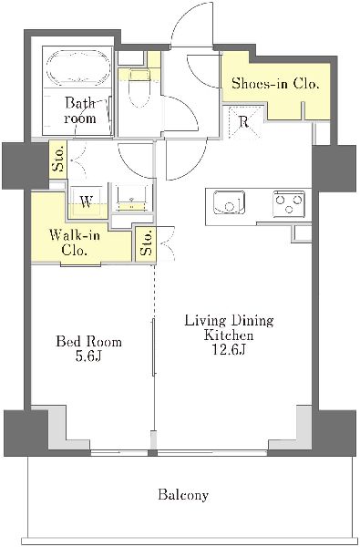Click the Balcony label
pyautogui.click(x=183, y=495)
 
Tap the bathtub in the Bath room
pyautogui.click(x=77, y=68)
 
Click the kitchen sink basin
pyautogui.click(x=229, y=202)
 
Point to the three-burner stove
pyautogui.click(x=289, y=202)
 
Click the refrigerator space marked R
pyautogui.click(x=244, y=122)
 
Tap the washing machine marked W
pyautogui.click(x=87, y=202)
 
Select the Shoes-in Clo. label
pyautogui.click(x=275, y=84)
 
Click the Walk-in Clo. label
pyautogui.click(x=75, y=243)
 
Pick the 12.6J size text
pyautogui.click(x=229, y=349)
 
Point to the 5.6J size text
pyautogui.click(x=88, y=356)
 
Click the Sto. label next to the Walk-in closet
pyautogui.click(x=147, y=243)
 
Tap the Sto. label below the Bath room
pyautogui.click(x=58, y=159)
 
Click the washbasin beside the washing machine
pyautogui.click(x=132, y=199)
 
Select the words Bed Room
pyautogui.click(x=89, y=342)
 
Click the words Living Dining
pyautogui.click(x=229, y=321)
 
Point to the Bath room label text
pyautogui.click(x=80, y=110)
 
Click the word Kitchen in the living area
pyautogui.click(x=229, y=335)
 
